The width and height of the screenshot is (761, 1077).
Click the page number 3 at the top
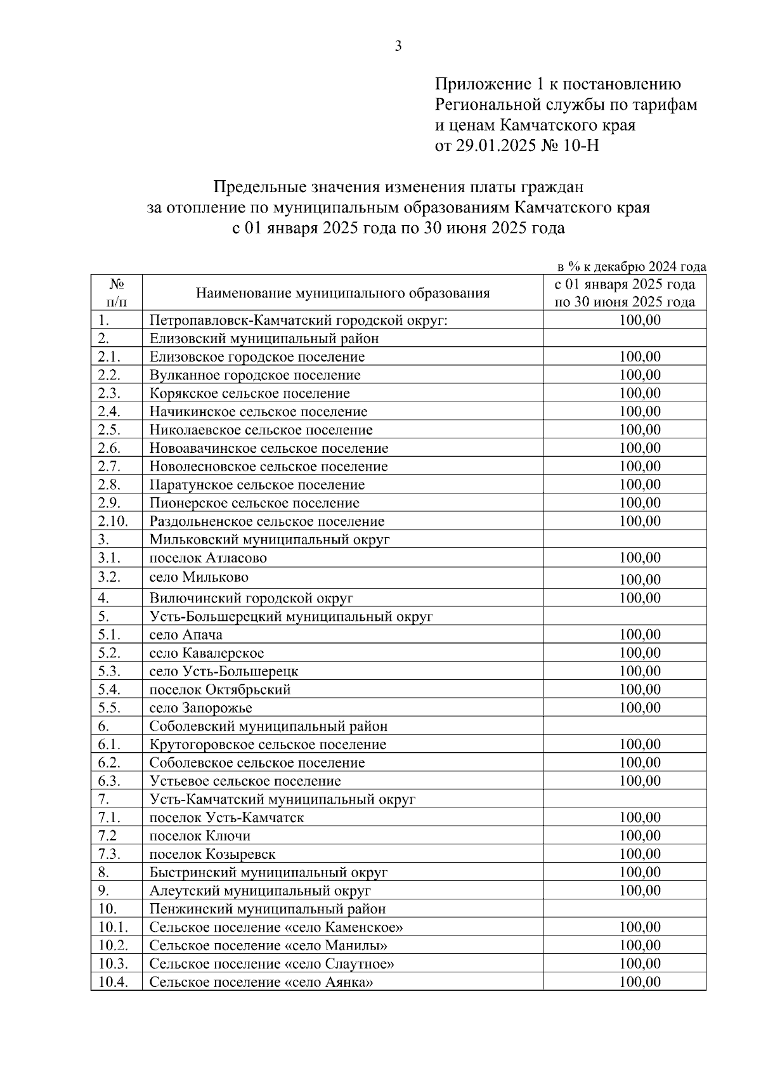(x=398, y=46)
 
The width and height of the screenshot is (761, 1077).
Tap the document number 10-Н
(x=580, y=146)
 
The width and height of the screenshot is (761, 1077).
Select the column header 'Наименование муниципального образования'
(x=342, y=293)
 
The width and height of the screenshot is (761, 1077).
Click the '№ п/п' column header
(x=116, y=293)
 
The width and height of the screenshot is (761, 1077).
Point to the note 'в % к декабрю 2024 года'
(x=631, y=266)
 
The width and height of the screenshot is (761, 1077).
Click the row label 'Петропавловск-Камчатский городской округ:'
(x=299, y=320)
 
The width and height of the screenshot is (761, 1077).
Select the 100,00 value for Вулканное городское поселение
(x=639, y=375)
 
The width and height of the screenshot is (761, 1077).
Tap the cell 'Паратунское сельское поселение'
(x=257, y=485)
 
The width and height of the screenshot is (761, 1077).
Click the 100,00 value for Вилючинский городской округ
(x=639, y=598)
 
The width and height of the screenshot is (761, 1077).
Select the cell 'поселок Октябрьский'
(x=220, y=689)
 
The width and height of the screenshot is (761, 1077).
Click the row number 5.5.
(x=109, y=708)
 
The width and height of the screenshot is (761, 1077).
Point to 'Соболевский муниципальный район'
(x=268, y=726)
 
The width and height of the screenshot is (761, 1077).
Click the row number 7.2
(x=107, y=836)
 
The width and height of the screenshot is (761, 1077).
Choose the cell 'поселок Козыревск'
(x=212, y=854)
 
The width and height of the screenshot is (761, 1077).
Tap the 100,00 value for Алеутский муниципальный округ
(x=639, y=891)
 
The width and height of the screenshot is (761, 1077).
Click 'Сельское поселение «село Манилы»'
(x=268, y=946)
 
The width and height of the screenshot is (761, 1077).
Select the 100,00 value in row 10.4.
(x=639, y=982)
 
